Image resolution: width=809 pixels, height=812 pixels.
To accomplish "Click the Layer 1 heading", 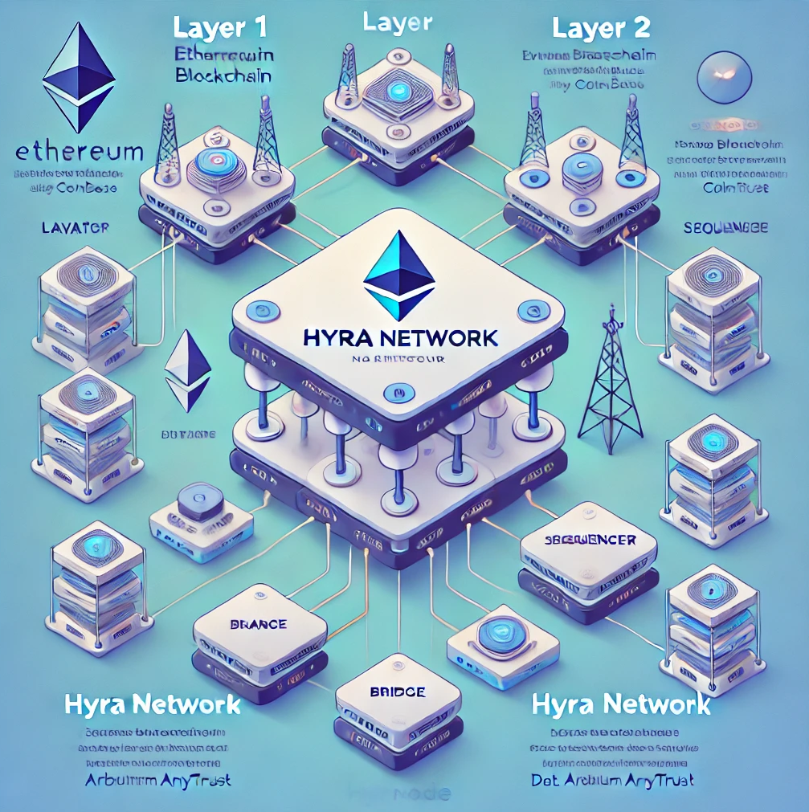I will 219,27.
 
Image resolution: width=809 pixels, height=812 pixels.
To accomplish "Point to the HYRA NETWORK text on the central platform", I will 400,337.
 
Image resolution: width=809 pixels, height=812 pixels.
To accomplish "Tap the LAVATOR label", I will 75,228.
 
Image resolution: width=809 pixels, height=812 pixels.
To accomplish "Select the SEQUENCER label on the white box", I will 590,540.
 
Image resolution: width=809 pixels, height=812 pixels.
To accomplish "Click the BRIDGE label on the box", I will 398,692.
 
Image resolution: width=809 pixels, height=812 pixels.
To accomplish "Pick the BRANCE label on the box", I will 259,624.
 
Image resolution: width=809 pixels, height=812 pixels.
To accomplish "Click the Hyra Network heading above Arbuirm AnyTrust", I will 152,704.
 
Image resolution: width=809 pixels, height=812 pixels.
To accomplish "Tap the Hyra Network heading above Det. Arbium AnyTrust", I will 621,704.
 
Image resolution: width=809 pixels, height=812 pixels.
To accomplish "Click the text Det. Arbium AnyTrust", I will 613,779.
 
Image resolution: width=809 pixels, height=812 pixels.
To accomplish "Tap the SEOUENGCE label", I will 725,227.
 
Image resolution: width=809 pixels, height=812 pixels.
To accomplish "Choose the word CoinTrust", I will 735,187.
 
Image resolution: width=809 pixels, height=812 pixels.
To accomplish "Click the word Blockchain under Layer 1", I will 223,76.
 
